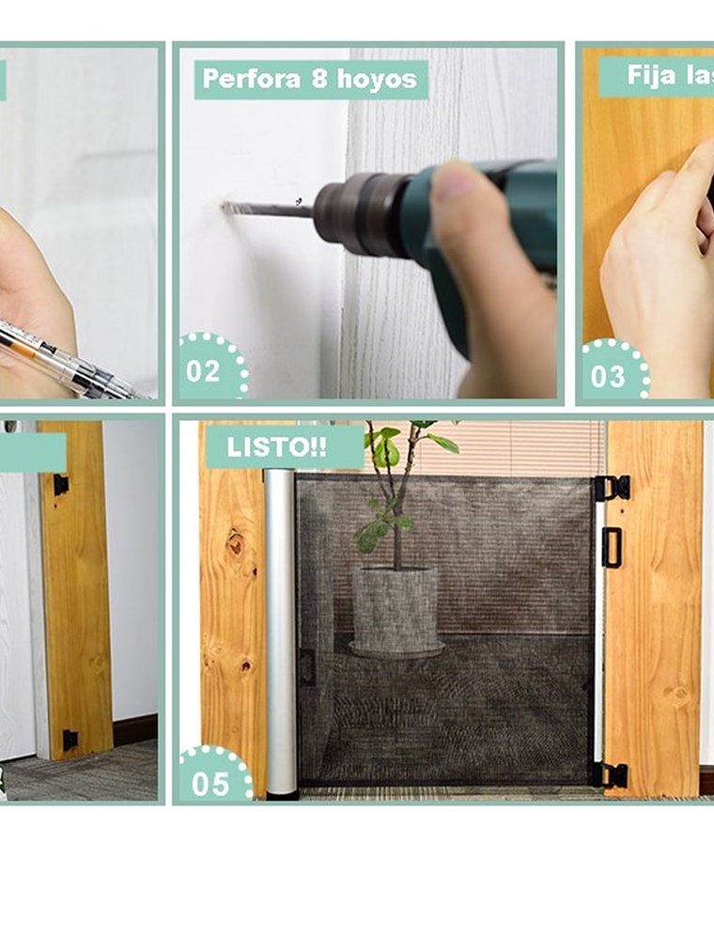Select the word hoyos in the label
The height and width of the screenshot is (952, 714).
pos(377,80)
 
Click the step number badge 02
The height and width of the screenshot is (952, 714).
pos(204,370)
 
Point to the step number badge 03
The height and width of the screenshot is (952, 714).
pos(608,376)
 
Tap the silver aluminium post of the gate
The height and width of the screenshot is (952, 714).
pos(281,630)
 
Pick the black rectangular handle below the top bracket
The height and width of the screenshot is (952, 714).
pos(612,547)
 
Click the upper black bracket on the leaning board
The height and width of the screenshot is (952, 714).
pos(61,485)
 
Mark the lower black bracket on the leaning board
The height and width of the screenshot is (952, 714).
pos(70,739)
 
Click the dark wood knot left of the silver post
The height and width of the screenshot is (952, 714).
pos(234,543)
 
